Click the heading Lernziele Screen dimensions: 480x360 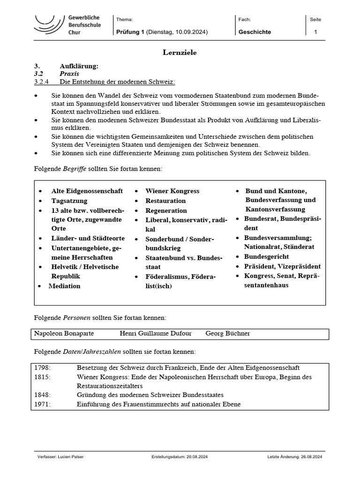pos(180,52)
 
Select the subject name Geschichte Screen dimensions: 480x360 pos(255,32)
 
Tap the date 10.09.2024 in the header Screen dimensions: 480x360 pos(190,32)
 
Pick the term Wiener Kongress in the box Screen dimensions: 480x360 pos(172,191)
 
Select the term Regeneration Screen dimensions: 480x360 pos(166,210)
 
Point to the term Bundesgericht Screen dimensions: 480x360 pos(266,256)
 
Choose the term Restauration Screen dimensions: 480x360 pos(165,201)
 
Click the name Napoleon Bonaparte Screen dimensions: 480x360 pos(64,333)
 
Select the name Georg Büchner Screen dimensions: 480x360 pos(228,333)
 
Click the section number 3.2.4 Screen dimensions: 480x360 pos(43,82)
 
